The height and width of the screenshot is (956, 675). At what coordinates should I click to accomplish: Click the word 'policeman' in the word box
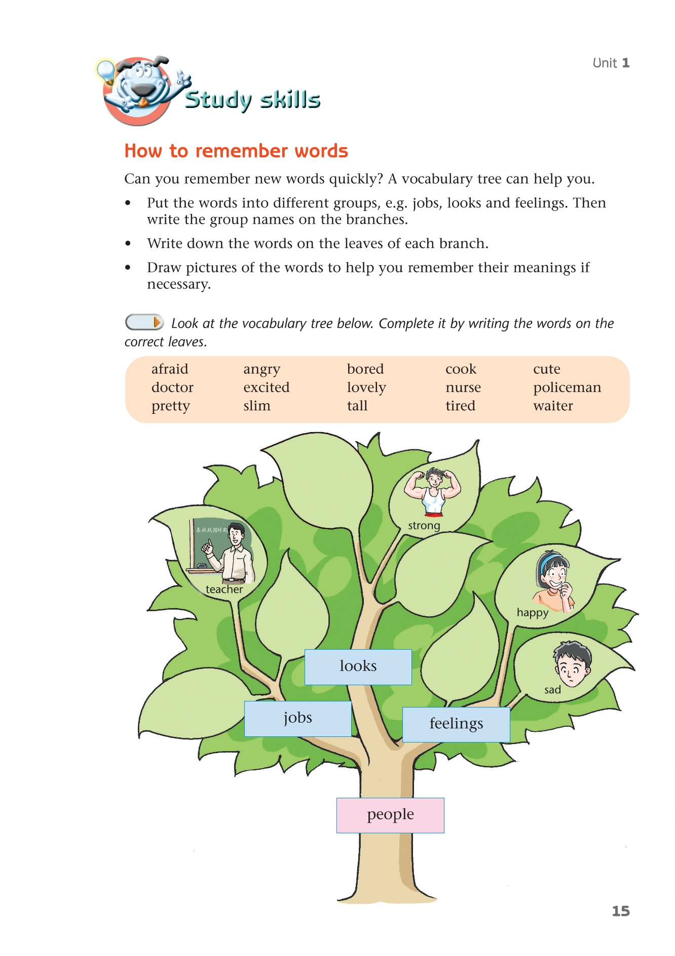[x=567, y=387]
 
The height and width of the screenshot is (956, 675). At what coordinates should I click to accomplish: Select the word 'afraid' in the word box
[x=170, y=369]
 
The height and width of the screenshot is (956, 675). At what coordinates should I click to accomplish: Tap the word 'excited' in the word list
[x=266, y=387]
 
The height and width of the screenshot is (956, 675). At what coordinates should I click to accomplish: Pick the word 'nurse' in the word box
[x=463, y=387]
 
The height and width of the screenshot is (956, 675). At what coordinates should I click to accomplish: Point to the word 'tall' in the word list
[x=357, y=406]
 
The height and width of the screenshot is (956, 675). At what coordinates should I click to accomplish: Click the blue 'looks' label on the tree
[x=358, y=666]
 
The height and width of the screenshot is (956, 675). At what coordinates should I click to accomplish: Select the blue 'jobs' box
[x=298, y=718]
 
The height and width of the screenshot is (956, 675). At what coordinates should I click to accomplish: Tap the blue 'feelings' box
[x=456, y=724]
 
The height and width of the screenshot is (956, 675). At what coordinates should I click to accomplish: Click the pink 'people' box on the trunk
[x=390, y=815]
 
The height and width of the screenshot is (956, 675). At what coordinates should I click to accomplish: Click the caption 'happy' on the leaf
[x=532, y=613]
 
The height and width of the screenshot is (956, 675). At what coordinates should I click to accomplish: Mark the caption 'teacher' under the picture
[x=224, y=589]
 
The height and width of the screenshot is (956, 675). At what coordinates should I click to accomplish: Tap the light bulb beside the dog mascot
[x=106, y=70]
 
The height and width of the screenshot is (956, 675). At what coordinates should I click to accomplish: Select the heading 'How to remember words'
[x=236, y=151]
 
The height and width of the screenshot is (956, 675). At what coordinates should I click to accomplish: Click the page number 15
[x=620, y=911]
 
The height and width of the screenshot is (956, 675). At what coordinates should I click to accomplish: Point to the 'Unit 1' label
[x=611, y=63]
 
